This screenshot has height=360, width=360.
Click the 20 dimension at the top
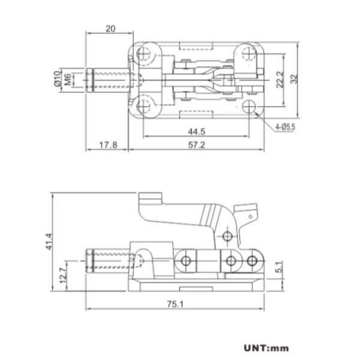point(110,28)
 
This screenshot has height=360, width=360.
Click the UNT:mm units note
point(266,347)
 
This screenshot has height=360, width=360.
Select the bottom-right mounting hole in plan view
point(248,107)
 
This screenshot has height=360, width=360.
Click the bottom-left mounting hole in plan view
point(144,107)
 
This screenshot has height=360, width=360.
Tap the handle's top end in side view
point(151,199)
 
